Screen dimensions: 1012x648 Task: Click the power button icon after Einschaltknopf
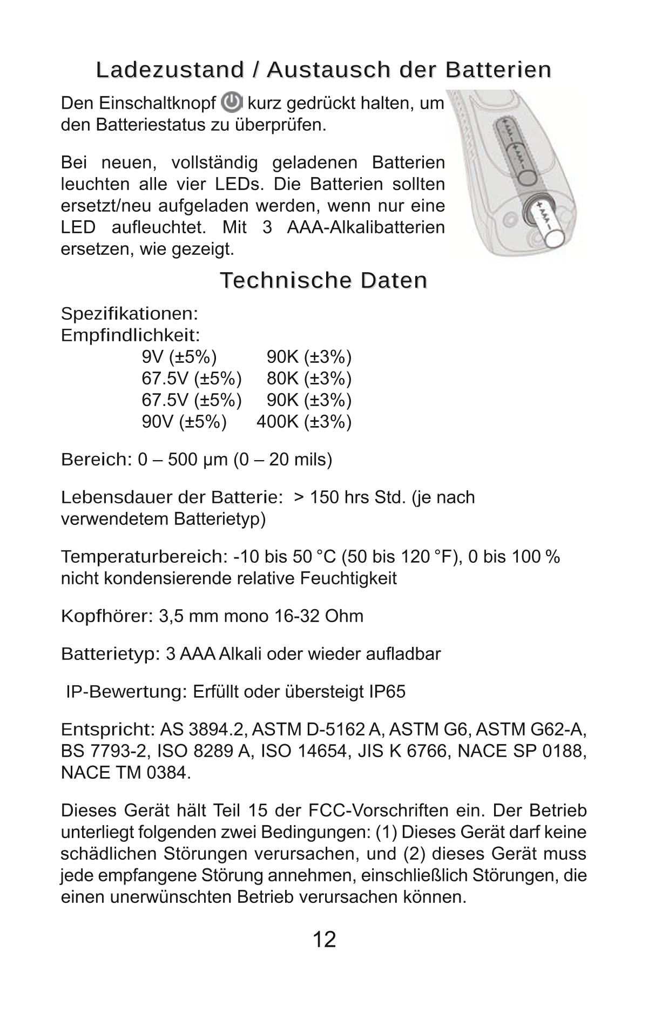click(x=232, y=103)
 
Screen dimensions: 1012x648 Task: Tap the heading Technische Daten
click(x=323, y=280)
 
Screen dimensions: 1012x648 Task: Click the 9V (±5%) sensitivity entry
click(x=179, y=357)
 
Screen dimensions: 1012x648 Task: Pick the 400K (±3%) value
click(x=303, y=422)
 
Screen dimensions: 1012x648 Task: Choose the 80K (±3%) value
click(x=309, y=379)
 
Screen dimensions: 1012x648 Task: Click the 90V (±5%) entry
click(x=184, y=422)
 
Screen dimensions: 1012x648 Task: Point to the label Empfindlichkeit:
click(x=130, y=335)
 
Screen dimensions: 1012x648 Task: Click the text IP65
click(x=387, y=692)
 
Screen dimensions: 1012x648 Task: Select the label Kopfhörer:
click(x=107, y=616)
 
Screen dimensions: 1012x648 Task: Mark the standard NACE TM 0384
click(x=125, y=773)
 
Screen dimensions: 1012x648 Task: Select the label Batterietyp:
click(x=110, y=654)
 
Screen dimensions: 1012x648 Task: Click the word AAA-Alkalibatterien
click(x=366, y=227)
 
